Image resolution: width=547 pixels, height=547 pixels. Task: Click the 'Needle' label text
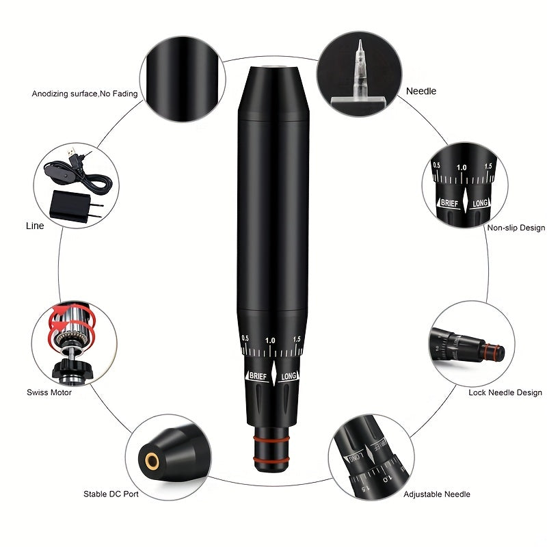click(421, 91)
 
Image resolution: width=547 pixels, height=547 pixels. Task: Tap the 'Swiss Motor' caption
click(49, 392)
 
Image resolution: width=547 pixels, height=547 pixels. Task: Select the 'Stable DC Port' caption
click(111, 494)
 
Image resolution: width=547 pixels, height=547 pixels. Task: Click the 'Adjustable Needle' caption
click(437, 494)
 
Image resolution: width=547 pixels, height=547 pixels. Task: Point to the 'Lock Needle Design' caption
click(505, 392)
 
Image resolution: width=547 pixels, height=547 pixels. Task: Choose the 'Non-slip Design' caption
click(516, 228)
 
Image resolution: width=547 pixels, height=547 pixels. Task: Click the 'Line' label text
click(35, 226)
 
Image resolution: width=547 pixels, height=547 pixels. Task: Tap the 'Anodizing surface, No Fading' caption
click(85, 94)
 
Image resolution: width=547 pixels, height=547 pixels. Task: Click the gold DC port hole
click(152, 461)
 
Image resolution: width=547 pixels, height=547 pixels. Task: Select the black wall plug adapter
click(75, 206)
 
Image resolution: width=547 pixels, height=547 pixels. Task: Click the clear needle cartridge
click(360, 72)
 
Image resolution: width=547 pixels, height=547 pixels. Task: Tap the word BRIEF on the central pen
click(258, 376)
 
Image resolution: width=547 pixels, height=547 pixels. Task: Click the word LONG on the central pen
click(289, 376)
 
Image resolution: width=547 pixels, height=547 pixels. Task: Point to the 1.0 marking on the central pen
click(270, 340)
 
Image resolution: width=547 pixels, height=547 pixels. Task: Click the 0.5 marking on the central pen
click(245, 338)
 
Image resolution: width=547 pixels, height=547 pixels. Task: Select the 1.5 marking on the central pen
click(297, 338)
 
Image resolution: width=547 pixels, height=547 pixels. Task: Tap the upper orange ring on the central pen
click(271, 439)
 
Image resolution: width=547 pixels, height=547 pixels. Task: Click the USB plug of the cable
click(72, 152)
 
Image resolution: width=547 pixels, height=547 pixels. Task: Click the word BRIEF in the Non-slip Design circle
click(449, 202)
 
